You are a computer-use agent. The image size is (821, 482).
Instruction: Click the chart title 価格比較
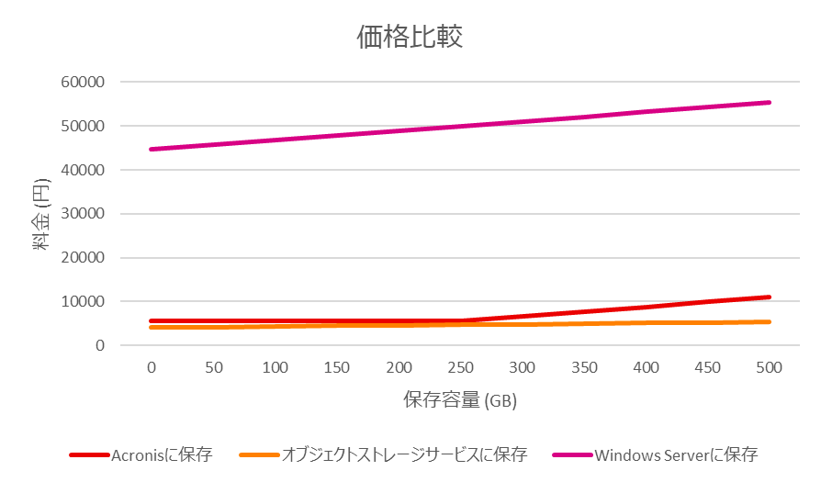[x=410, y=37]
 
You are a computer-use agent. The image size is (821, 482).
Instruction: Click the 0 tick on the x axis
[x=151, y=367]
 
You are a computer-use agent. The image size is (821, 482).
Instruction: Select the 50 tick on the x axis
[x=213, y=367]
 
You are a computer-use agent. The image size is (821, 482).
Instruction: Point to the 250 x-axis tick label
[x=460, y=367]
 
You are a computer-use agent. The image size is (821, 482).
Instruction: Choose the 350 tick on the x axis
[x=584, y=367]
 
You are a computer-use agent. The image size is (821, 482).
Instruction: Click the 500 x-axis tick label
[x=768, y=367]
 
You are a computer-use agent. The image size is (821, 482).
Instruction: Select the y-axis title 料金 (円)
[x=41, y=214]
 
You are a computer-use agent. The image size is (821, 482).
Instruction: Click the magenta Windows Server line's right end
[x=769, y=103]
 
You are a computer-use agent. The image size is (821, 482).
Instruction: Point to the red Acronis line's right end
[x=769, y=297]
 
